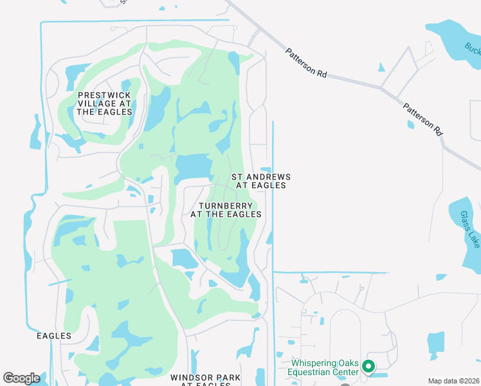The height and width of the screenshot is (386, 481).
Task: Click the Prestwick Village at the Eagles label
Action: (104, 103)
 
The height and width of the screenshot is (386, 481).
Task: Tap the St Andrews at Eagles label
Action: (260, 181)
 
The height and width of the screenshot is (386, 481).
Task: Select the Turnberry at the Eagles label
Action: (226, 210)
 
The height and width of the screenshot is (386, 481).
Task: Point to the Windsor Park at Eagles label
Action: (205, 380)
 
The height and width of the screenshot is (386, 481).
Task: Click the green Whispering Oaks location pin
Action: (368, 367)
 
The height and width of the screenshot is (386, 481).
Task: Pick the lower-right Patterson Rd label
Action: (423, 118)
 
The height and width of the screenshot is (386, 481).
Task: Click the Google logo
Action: (21, 378)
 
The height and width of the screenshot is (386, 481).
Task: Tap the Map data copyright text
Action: (454, 381)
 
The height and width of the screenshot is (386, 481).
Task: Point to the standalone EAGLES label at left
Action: (54, 336)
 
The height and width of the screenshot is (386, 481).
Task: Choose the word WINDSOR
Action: (188, 377)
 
